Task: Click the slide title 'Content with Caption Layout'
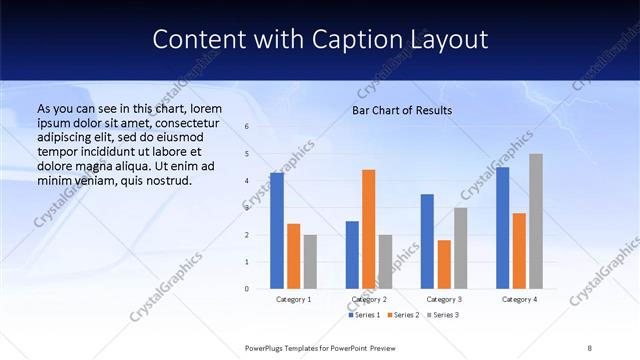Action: click(320, 39)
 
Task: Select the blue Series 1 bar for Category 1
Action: click(277, 230)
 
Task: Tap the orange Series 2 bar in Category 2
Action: click(369, 229)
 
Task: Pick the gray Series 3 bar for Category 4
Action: click(536, 221)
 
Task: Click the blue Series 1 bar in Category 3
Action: click(427, 241)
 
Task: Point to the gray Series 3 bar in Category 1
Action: click(310, 261)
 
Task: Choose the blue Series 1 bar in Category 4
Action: click(502, 228)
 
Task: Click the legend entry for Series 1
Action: click(365, 315)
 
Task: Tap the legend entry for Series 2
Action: click(404, 315)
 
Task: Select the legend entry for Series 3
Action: click(443, 315)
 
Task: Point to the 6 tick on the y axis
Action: click(247, 127)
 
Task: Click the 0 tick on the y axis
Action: click(247, 289)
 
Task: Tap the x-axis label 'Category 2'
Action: click(370, 299)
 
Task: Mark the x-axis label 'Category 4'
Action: click(519, 299)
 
